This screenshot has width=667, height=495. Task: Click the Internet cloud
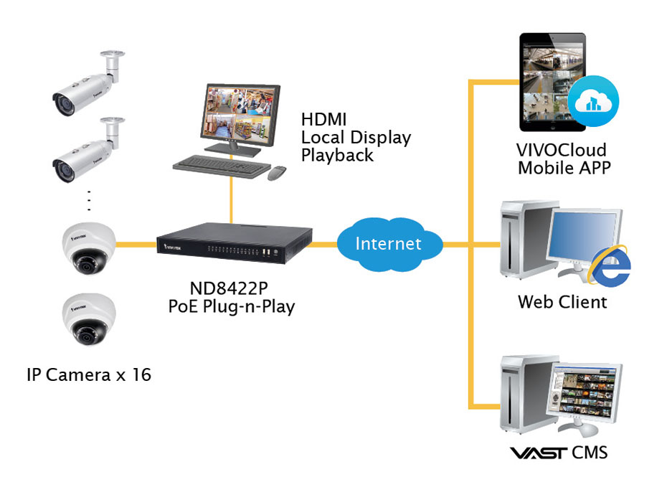[x=389, y=245]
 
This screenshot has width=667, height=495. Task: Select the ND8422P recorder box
[x=235, y=243]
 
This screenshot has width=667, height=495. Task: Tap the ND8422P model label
[x=229, y=288]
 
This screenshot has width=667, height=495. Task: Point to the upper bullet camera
[x=88, y=83]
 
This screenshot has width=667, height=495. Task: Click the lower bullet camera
[x=88, y=150]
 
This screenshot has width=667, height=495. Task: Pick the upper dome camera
[x=88, y=248]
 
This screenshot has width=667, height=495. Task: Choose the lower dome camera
[x=88, y=319]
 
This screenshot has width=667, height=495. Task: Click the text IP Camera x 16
[x=89, y=374]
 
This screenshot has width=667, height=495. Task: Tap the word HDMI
[x=323, y=119]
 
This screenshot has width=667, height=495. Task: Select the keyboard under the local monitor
[x=222, y=166]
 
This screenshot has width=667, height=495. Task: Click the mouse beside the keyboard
[x=277, y=173]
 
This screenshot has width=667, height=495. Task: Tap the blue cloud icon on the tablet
[x=593, y=101]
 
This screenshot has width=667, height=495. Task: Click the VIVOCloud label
[x=561, y=150]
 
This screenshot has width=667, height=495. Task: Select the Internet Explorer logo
[x=610, y=266]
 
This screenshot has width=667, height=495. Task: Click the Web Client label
[x=562, y=302]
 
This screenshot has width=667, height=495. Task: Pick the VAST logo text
[x=539, y=453]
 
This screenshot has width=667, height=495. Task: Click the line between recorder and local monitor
[x=231, y=200]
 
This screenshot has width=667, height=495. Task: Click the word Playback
[x=337, y=156]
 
